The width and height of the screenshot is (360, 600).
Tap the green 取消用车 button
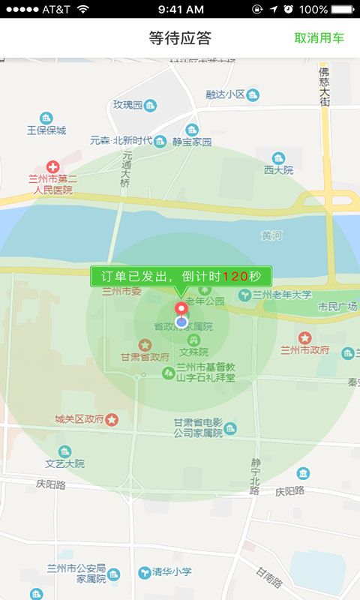pos(319,38)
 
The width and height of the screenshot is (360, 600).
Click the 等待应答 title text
pos(180,38)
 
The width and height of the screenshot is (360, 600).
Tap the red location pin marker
pos(181,310)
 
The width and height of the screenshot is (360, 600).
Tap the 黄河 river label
pos(271,235)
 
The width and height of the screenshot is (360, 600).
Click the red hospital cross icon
pos(52,166)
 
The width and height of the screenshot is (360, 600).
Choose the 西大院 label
pos(278,169)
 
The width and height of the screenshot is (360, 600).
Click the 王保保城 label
pos(46,130)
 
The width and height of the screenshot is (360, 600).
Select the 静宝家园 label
pos(192,141)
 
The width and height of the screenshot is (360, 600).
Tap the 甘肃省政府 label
pos(145,357)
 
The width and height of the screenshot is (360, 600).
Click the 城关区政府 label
pos(79,419)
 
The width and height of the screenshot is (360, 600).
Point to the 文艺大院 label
pos(65,463)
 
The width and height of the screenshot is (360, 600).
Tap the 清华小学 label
pos(172,571)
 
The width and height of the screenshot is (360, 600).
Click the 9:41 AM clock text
pos(181,9)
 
